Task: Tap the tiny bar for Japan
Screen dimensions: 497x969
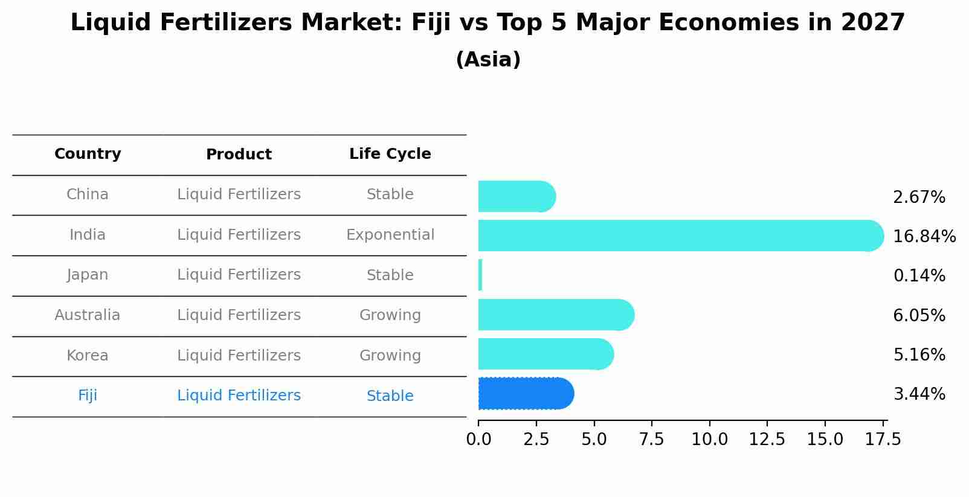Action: click(480, 275)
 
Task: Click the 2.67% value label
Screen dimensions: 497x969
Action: click(919, 197)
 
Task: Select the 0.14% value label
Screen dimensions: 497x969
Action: click(919, 276)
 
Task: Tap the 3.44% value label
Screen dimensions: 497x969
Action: click(919, 394)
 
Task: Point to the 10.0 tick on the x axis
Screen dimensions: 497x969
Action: click(709, 440)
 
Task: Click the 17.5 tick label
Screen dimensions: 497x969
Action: click(883, 440)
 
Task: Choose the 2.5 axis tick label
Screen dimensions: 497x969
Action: click(536, 440)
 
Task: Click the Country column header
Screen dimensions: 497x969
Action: click(88, 154)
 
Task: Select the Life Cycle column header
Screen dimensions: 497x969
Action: click(390, 154)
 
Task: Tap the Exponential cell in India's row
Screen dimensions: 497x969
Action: click(390, 235)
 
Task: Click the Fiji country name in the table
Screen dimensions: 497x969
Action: click(88, 396)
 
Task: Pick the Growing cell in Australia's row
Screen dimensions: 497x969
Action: click(390, 315)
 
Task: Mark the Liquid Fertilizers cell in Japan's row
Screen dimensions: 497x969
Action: click(239, 275)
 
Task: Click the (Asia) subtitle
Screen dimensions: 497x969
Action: click(488, 60)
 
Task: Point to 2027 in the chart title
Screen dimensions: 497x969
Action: click(872, 23)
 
